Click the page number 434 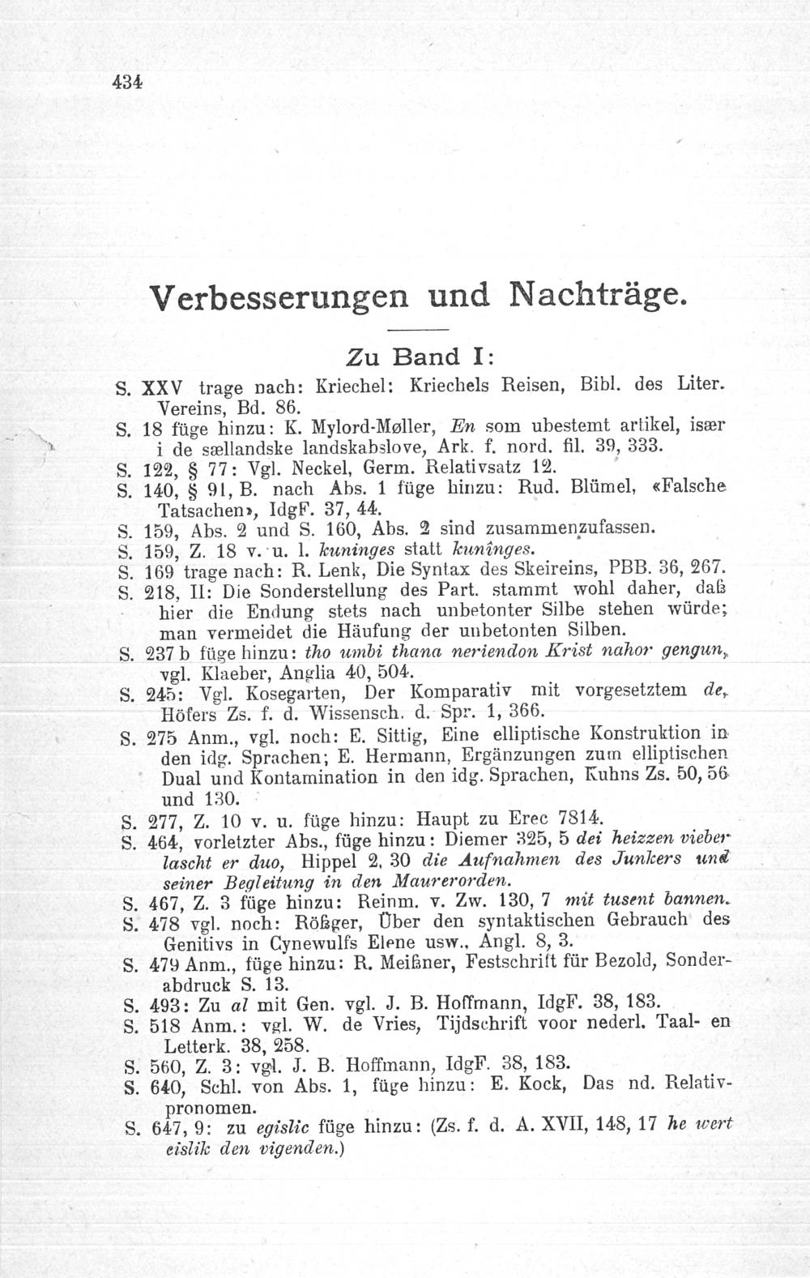[x=128, y=81]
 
